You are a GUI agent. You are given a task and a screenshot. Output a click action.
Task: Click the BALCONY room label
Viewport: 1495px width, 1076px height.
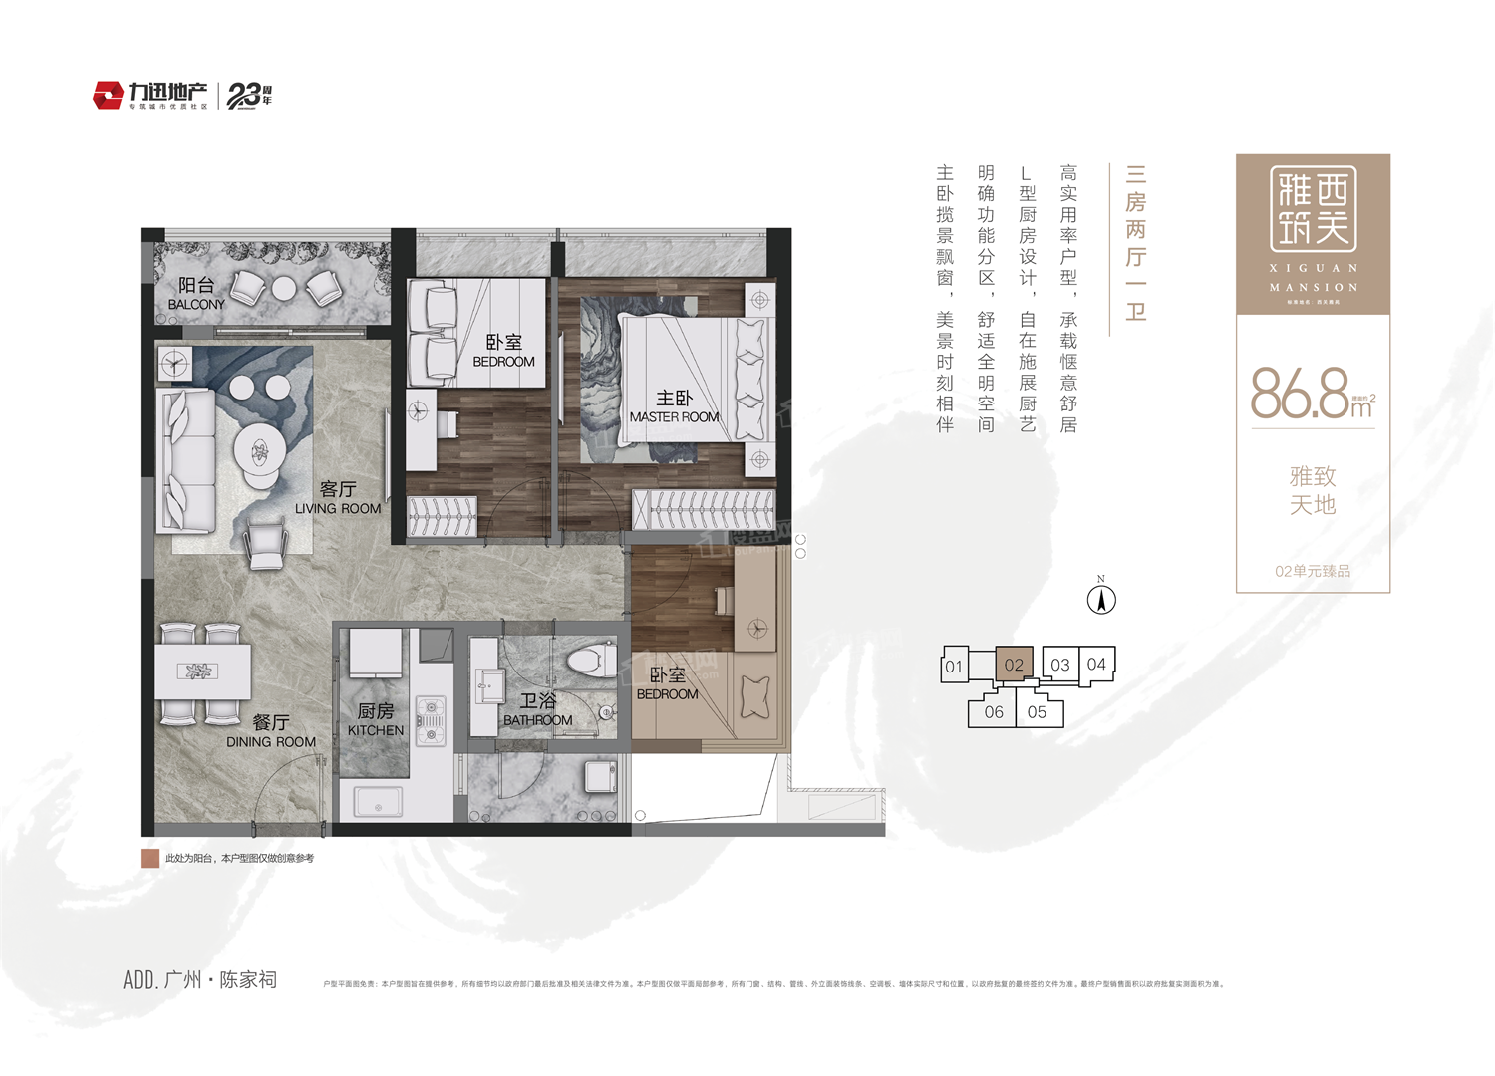coord(196,304)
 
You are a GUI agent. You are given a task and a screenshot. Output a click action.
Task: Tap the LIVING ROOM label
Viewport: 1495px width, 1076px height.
coord(338,508)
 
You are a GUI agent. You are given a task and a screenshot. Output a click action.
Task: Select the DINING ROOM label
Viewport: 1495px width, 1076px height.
coord(270,741)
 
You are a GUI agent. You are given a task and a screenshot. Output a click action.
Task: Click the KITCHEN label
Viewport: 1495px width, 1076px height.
coord(376,730)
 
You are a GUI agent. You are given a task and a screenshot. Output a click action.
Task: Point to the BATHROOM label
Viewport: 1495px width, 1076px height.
coord(537,719)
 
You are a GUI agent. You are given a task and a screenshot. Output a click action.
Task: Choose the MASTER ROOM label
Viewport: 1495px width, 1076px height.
coord(674,416)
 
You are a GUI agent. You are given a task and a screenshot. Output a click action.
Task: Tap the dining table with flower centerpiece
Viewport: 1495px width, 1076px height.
coord(202,672)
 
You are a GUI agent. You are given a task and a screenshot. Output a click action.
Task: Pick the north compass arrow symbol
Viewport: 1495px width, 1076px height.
coord(1101,600)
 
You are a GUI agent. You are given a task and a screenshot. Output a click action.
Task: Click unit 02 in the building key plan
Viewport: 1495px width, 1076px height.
coord(1014,665)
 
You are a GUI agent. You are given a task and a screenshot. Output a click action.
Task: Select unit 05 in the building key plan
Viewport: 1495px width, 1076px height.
coord(1037,712)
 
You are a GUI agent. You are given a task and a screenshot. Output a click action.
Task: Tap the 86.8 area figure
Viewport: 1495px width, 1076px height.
coord(1300,394)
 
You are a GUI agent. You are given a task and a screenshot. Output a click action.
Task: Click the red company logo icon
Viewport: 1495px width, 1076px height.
coord(108,96)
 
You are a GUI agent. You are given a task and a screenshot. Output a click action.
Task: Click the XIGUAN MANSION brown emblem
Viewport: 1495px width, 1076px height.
coord(1313,233)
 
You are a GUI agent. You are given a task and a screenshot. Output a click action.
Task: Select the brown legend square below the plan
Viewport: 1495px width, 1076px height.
coord(150,858)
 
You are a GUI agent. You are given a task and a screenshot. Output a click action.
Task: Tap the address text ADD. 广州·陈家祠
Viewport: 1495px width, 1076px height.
coord(199,980)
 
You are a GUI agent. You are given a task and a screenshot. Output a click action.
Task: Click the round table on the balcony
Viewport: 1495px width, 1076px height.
coord(284,288)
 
